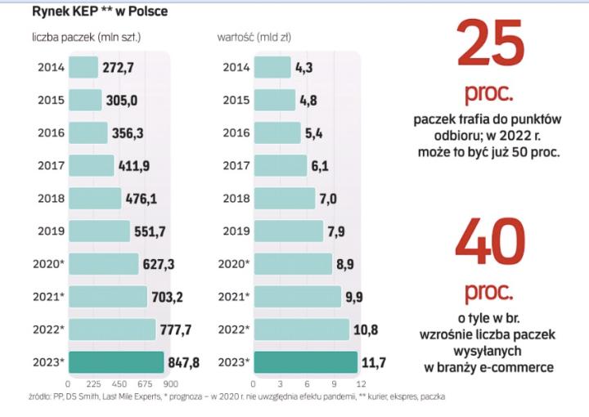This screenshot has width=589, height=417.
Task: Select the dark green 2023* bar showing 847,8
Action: [x=116, y=362]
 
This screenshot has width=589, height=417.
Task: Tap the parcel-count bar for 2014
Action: [x=83, y=67]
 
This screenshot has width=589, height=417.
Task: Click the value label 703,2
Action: [x=166, y=297]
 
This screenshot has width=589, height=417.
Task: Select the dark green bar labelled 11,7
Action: [x=306, y=362]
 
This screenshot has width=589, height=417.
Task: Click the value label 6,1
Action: [x=320, y=166]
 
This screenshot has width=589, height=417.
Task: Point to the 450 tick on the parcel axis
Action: [x=119, y=383]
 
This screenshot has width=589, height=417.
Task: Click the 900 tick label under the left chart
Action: [x=170, y=383]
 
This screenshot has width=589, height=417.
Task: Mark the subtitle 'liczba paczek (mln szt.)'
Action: [x=87, y=38]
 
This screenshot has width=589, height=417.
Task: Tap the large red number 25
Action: [x=490, y=46]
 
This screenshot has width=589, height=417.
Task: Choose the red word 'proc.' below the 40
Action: [x=490, y=291]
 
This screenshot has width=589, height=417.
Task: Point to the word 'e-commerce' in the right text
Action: [x=522, y=368]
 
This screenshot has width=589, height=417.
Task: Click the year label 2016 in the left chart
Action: [x=52, y=132]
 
